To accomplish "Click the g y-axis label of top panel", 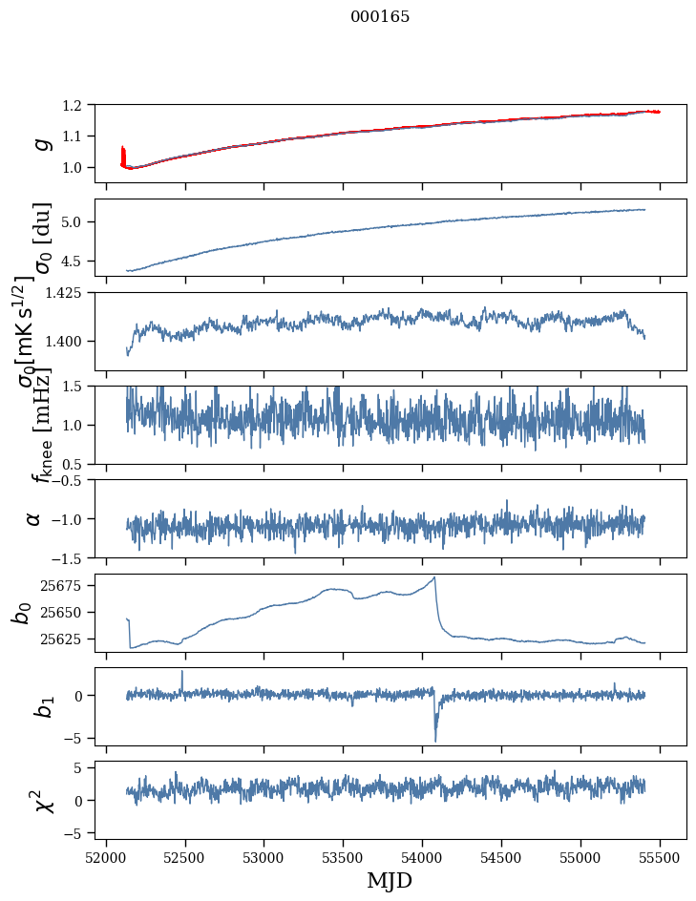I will pos(41,142).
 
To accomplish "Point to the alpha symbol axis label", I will pos(33,518).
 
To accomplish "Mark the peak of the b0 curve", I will pos(435,576).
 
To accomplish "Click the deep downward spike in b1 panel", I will pos(435,740).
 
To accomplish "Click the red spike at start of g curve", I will pos(122,153).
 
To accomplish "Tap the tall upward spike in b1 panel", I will pos(182,672).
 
